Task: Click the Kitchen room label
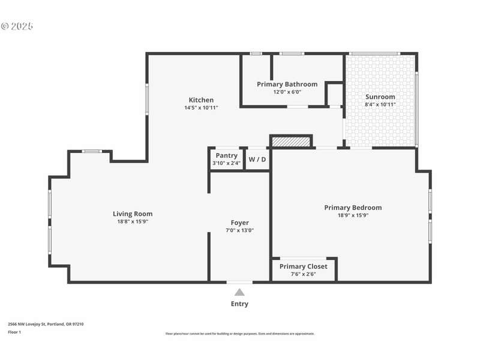point(201,100)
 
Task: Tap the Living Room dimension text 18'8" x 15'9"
point(133,221)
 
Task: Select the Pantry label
point(227,155)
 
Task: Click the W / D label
point(257,160)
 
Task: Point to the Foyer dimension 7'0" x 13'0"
point(239,230)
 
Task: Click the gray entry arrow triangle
point(239,292)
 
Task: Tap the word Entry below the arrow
point(239,304)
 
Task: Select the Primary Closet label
point(304,266)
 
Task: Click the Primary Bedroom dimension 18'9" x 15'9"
point(353,215)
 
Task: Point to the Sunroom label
point(380,97)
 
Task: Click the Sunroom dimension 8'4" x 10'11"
point(380,104)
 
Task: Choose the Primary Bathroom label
point(287,84)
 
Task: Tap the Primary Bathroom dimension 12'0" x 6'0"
point(287,92)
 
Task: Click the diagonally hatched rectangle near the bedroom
point(291,142)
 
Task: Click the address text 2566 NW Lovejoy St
point(27,324)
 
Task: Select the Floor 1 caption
point(14,332)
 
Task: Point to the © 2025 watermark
point(17,26)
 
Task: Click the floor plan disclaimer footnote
point(239,334)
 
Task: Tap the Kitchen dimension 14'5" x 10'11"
point(201,108)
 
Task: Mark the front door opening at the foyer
point(239,282)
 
